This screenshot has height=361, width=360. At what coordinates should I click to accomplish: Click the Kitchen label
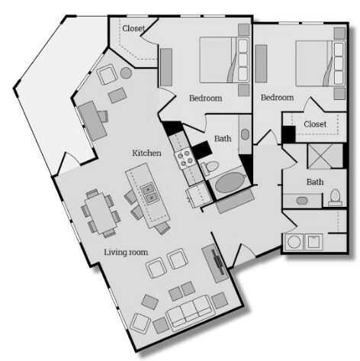146,153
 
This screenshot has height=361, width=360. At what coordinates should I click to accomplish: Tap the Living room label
126,253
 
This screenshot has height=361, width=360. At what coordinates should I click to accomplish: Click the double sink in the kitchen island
149,193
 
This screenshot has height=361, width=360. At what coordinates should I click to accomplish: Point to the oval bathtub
230,182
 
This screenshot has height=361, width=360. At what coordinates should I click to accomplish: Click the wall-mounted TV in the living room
217,262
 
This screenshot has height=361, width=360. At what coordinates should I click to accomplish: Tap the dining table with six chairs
101,213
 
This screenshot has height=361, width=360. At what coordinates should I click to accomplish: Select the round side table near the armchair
126,73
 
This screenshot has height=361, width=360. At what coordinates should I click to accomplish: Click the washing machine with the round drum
294,242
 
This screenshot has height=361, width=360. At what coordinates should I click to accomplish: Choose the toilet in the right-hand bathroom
336,198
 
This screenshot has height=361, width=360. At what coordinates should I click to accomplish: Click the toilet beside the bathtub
210,168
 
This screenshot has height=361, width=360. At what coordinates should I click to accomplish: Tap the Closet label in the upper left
133,28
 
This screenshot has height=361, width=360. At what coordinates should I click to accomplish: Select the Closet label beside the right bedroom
315,124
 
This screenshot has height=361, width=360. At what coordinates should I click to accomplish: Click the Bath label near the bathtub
223,138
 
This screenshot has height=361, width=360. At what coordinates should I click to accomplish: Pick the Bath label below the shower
315,182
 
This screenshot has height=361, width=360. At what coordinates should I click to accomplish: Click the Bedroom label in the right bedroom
278,98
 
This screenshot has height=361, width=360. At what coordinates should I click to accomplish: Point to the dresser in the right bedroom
261,63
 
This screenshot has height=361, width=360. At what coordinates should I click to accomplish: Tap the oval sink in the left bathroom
245,134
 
